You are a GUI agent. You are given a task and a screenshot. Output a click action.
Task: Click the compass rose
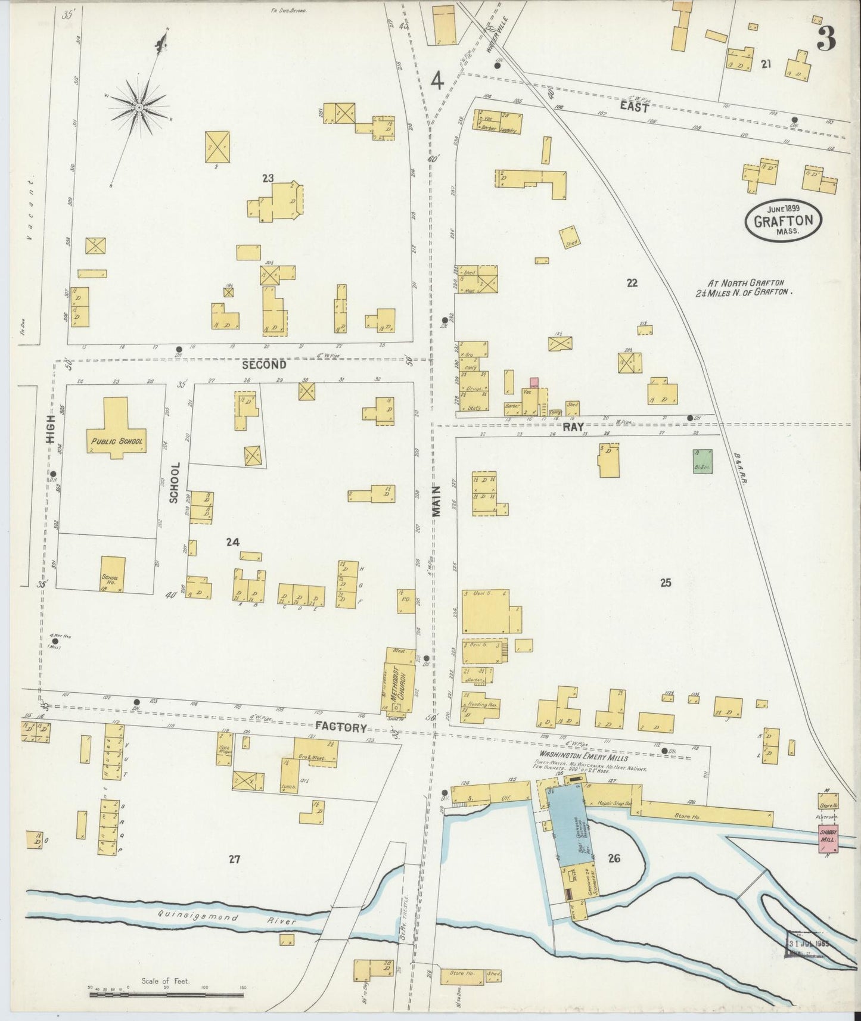click(x=139, y=107)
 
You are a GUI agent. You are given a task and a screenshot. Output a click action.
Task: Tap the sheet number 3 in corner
click(x=826, y=39)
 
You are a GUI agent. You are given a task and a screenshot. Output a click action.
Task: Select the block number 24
click(x=232, y=542)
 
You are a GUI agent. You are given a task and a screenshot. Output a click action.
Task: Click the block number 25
click(x=666, y=583)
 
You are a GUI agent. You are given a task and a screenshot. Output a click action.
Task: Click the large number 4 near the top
click(x=437, y=80)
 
